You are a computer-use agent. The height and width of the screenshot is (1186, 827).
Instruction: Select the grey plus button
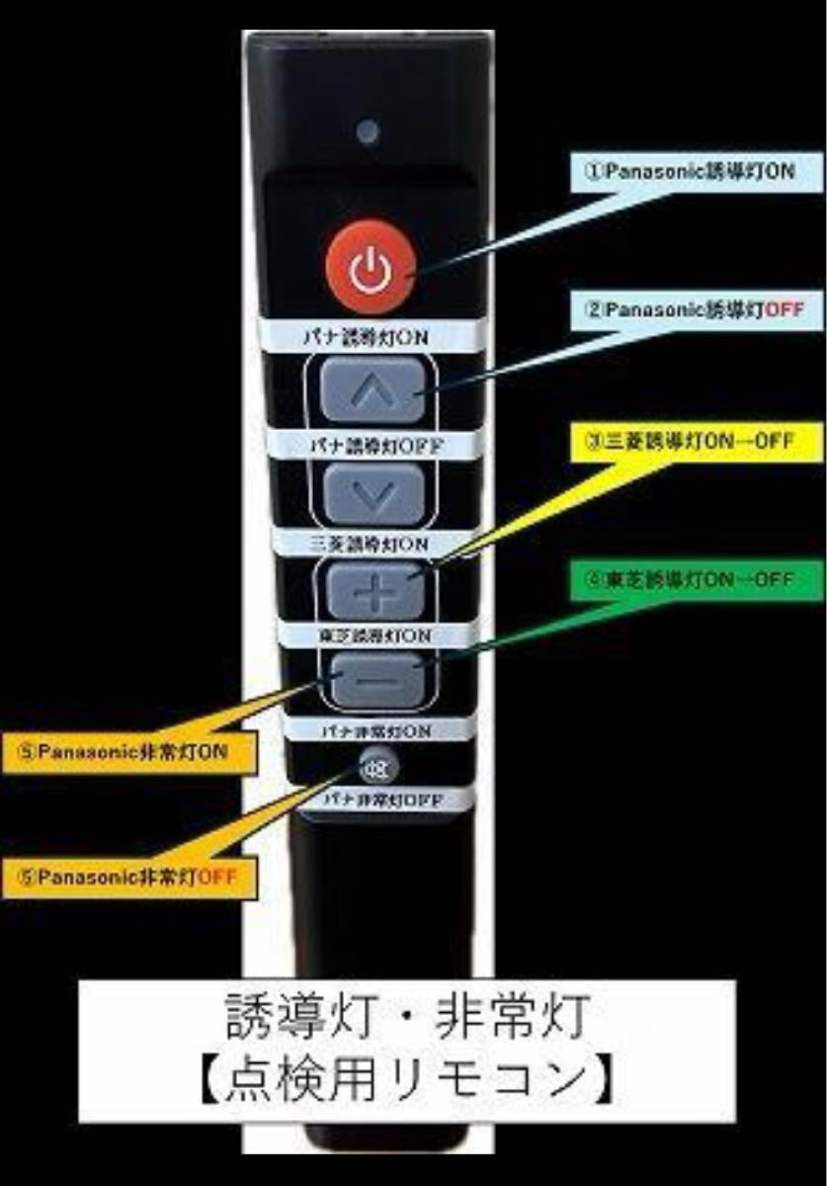373,591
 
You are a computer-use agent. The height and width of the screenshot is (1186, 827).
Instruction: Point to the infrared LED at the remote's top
368,132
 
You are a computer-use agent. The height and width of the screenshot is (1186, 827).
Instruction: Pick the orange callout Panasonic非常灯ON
129,751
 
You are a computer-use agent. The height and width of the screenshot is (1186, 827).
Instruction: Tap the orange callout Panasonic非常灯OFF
129,877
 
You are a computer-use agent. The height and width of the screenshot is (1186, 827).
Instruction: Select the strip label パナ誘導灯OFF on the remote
370,444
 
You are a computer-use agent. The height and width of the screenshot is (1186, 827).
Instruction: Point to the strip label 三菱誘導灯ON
370,543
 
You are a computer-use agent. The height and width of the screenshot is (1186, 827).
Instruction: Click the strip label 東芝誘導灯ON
370,633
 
